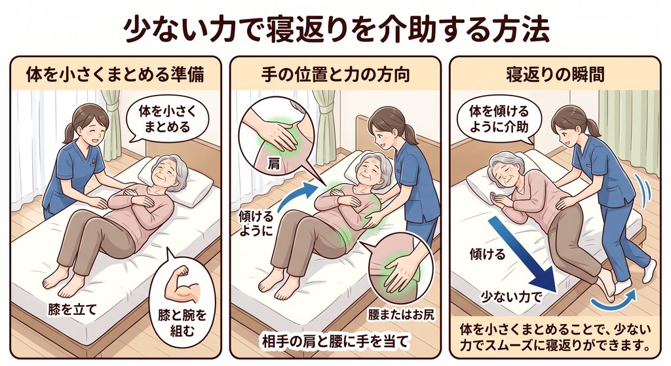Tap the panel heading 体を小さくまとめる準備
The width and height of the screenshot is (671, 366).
point(115,75)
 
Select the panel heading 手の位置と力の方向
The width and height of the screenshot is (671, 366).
point(335,75)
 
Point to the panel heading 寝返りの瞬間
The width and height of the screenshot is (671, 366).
point(555,75)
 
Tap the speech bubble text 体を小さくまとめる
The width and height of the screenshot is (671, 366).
point(167,119)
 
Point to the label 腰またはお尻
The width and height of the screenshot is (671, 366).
point(402,314)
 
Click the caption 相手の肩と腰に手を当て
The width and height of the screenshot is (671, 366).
point(335,341)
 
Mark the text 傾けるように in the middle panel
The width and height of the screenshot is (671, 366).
point(256,224)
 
